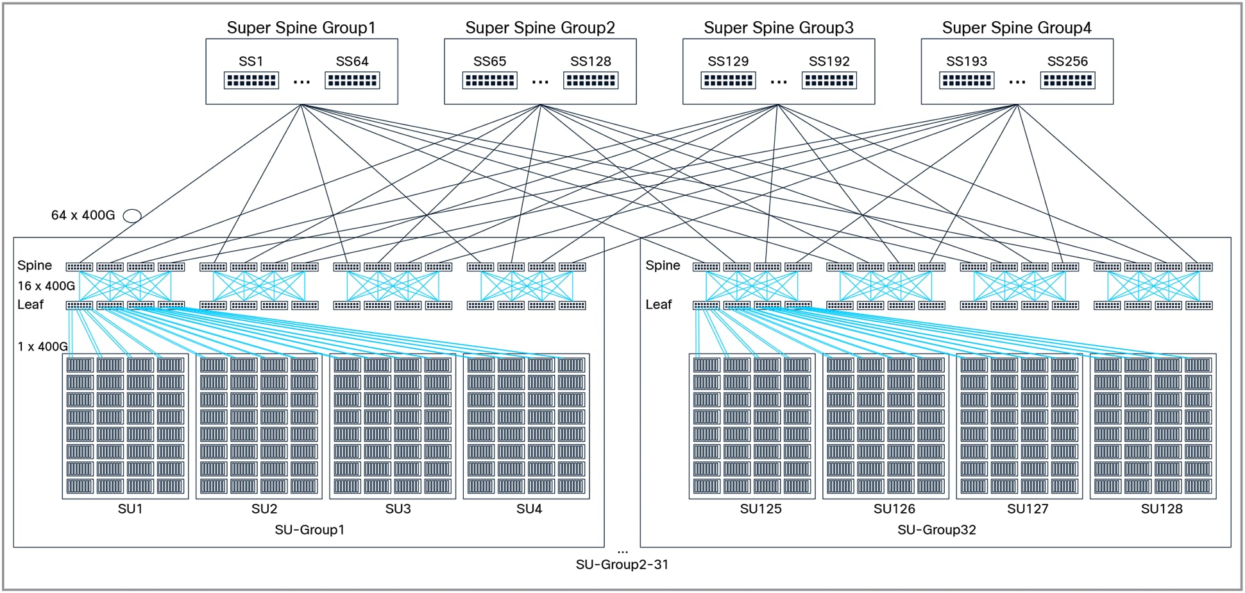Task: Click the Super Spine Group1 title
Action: coord(301,28)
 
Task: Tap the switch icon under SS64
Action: coord(352,81)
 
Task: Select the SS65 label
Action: coord(489,62)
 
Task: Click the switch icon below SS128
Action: coord(591,81)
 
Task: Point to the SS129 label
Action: coord(728,62)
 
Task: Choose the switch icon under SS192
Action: coord(829,81)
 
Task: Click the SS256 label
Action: coord(1067,62)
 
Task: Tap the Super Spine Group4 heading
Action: coord(1016,28)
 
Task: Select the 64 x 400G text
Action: coord(83,216)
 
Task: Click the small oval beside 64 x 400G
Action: coord(132,216)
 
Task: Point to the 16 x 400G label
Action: coord(46,286)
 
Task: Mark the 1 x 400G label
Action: coord(42,347)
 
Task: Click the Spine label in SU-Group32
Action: coord(663,266)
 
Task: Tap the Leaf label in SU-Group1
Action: coord(30,305)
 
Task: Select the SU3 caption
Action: coord(398,509)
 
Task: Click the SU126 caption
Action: coord(894,509)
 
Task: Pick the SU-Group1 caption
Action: coord(309,530)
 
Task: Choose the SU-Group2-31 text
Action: coord(622,565)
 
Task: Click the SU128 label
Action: coord(1161,509)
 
